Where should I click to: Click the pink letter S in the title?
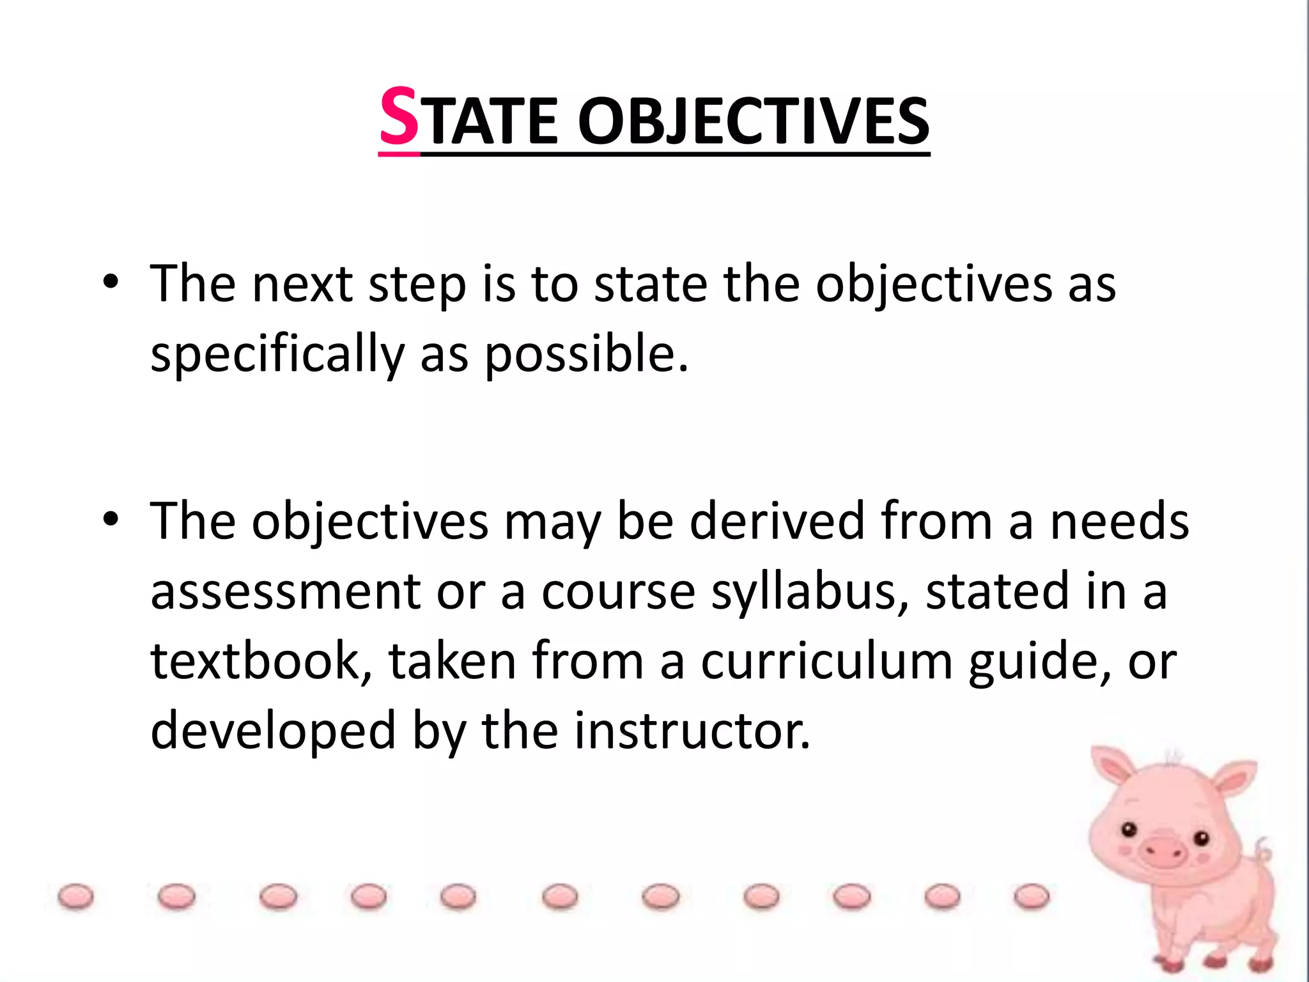399,118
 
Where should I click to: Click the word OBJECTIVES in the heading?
754,121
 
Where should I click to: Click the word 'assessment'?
285,591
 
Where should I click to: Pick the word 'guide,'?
1040,662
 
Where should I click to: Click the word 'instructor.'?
692,730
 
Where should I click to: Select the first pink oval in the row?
75,896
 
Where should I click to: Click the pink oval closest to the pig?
1032,896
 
